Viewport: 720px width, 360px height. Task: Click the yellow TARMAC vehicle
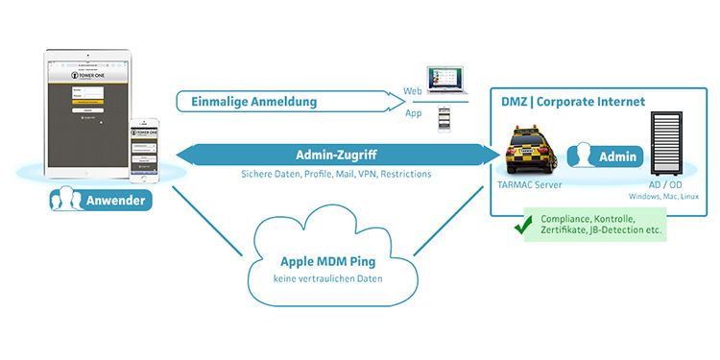[531, 152]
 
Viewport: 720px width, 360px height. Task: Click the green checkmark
[523, 227]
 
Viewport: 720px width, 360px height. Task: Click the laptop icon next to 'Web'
[448, 84]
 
